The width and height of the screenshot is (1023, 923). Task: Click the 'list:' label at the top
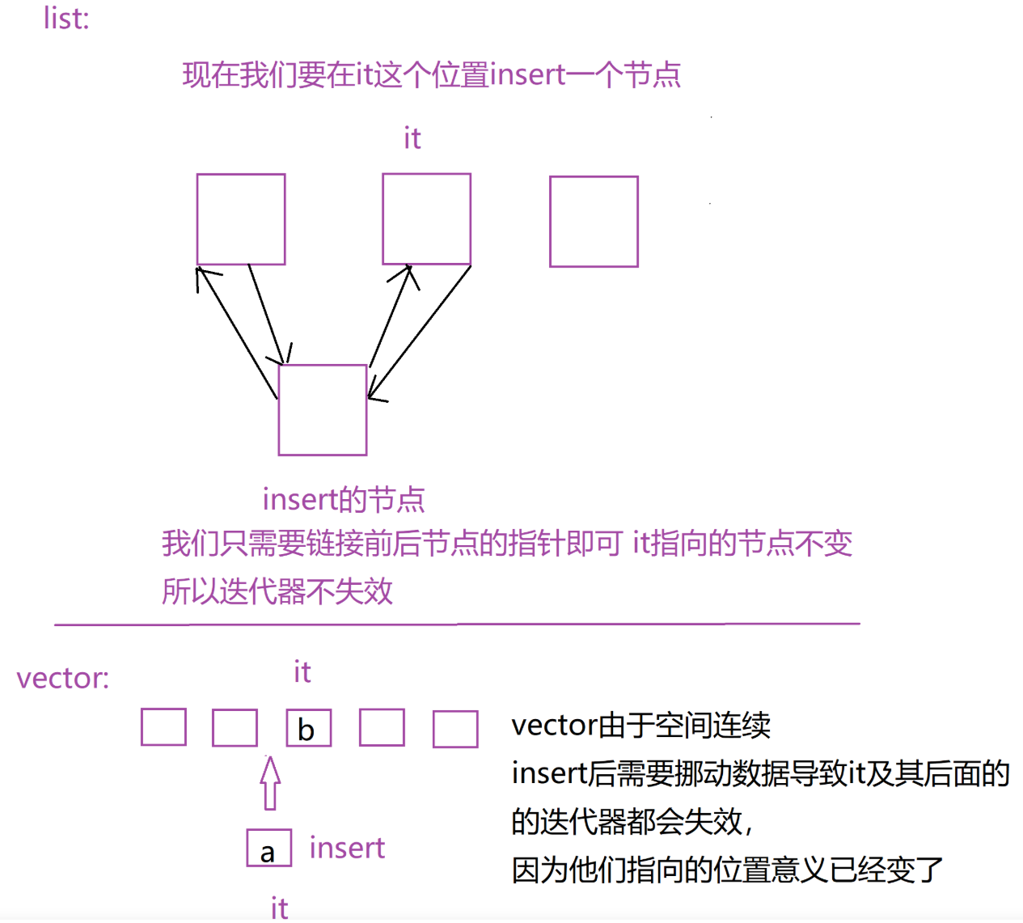[66, 19]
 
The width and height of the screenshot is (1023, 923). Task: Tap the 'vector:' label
[63, 678]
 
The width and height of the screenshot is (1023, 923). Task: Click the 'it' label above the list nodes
[412, 138]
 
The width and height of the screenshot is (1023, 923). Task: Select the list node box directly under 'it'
[426, 218]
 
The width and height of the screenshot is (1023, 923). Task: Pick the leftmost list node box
[241, 218]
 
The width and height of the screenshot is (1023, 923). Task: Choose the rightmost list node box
[594, 222]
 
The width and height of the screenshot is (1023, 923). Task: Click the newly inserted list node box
[323, 410]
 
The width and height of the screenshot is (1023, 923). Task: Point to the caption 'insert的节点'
[344, 500]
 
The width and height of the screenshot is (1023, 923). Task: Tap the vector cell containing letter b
[309, 727]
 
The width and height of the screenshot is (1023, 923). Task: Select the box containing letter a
[269, 849]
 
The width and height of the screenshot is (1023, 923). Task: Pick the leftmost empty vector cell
[163, 726]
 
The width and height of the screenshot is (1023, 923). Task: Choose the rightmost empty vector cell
[455, 729]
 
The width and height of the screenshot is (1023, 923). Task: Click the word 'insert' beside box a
[347, 848]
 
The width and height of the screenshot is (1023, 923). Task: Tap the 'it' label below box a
[280, 908]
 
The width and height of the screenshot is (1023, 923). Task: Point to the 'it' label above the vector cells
[302, 671]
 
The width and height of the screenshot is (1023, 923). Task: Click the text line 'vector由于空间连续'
[640, 726]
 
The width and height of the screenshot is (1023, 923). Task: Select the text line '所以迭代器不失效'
[277, 591]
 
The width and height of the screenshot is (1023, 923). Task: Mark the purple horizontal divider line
[457, 625]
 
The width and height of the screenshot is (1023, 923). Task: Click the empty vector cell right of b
[382, 727]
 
